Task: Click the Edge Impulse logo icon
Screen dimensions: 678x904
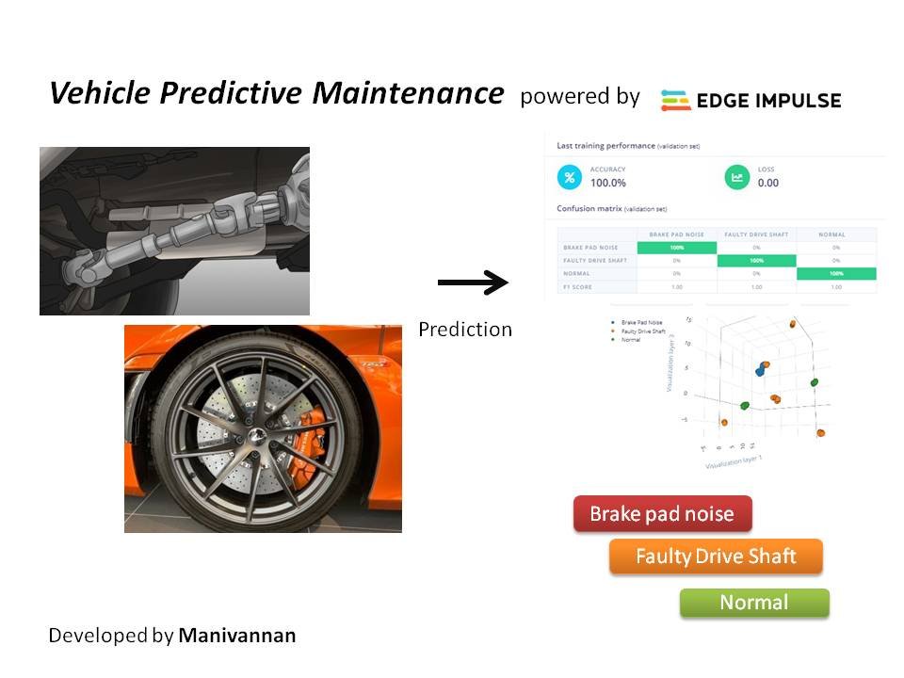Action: click(x=675, y=100)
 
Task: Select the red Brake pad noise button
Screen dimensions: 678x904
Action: click(x=662, y=514)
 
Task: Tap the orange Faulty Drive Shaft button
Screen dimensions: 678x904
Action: click(x=716, y=557)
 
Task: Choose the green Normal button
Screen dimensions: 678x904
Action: click(x=754, y=603)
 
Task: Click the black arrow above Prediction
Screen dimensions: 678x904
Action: click(x=472, y=282)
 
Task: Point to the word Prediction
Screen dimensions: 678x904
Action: click(x=465, y=330)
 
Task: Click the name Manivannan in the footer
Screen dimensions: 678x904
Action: click(x=236, y=636)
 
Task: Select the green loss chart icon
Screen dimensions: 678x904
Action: click(x=737, y=176)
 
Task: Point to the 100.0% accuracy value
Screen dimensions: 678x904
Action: click(x=608, y=183)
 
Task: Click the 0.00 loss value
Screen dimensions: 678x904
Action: click(x=768, y=183)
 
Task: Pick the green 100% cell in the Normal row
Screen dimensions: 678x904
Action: click(x=836, y=273)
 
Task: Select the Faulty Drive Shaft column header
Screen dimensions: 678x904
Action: click(x=756, y=234)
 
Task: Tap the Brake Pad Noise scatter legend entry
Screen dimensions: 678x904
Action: click(x=641, y=323)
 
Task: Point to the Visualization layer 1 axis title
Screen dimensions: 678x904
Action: click(x=734, y=462)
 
